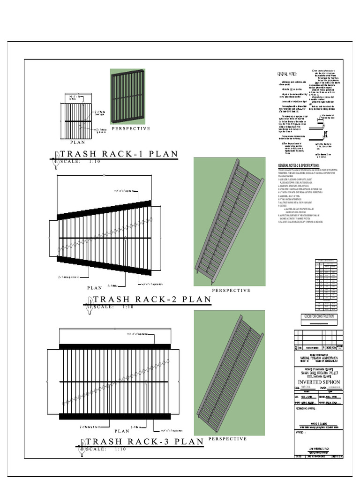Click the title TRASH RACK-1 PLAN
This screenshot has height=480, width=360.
pos(119,154)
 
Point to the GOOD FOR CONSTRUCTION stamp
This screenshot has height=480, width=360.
pos(319,316)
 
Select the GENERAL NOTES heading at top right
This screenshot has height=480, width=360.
pos(287,74)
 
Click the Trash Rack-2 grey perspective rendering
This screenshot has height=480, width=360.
pos(230,221)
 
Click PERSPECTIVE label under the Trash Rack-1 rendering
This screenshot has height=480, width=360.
pos(131,128)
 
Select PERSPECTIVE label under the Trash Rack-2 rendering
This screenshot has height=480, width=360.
pos(231,291)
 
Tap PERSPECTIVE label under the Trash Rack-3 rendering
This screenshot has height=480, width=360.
pos(227,439)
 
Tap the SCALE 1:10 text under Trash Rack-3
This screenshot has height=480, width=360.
pos(106,449)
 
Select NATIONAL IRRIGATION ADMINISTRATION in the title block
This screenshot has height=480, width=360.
pos(318,358)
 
